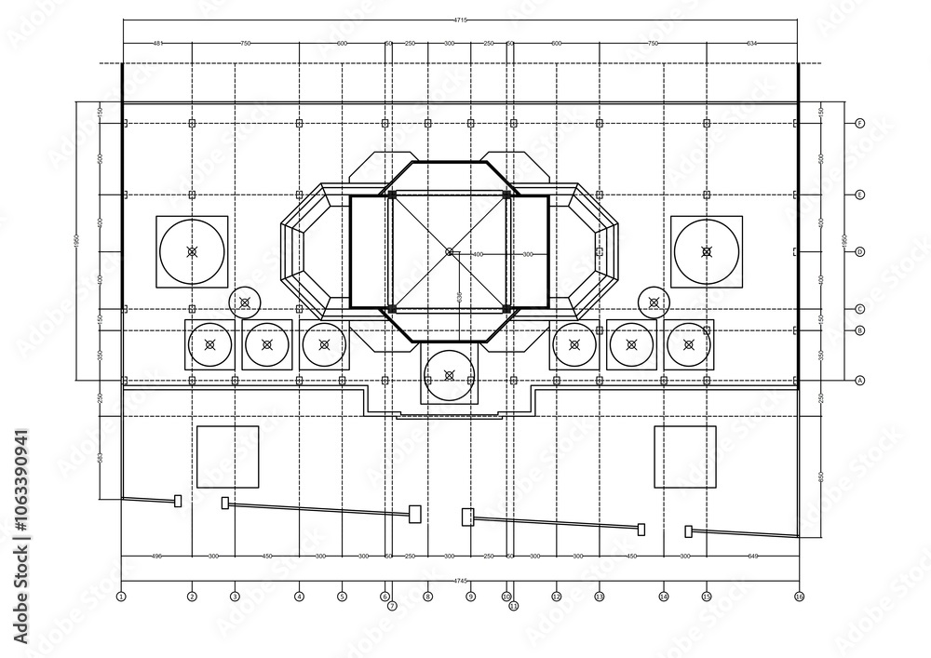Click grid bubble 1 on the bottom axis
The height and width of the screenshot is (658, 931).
pos(121,596)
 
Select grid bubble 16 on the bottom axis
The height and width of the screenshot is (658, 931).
pos(799,596)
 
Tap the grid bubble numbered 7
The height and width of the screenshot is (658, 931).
pos(392,606)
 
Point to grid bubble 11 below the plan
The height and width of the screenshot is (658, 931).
pos(513,606)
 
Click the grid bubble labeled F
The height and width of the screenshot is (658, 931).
pos(860,123)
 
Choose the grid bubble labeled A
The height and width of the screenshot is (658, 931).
pos(860,380)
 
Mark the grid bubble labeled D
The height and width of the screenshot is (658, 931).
pos(860,251)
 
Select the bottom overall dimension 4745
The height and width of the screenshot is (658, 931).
pos(459,581)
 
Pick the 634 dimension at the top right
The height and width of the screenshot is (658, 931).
pos(751,43)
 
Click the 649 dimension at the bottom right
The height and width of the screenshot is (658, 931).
pos(752,556)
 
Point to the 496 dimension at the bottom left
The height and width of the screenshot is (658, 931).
pos(156,556)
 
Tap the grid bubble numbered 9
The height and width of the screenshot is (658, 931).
pos(470,596)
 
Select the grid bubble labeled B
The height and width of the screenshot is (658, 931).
pos(860,330)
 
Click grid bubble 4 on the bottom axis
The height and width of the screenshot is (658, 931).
pos(299,596)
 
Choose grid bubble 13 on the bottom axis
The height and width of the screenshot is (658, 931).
pos(599,596)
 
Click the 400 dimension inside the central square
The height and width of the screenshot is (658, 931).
pos(478,254)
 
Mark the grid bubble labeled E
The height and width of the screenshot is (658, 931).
pos(860,195)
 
